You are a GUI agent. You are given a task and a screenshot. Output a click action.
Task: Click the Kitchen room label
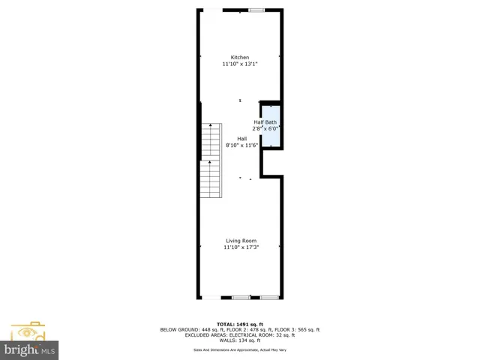coord(240,58)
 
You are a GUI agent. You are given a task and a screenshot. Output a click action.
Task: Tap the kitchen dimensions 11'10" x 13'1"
coord(240,64)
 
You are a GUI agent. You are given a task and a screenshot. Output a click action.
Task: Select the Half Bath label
coord(265,122)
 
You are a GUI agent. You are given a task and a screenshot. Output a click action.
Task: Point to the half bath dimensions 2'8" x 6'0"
coord(265,128)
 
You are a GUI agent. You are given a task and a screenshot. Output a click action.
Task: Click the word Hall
coord(242,139)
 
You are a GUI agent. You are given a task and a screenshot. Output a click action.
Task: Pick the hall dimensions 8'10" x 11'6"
coord(242,145)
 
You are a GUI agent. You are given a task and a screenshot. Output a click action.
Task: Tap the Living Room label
coord(240,241)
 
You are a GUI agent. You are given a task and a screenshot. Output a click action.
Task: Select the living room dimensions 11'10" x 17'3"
coord(240,247)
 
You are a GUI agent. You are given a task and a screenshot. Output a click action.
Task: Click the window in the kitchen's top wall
coord(256,10)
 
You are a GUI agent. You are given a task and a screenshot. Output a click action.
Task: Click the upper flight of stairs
coord(211,140)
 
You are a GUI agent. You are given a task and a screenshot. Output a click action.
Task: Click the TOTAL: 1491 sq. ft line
coord(240,323)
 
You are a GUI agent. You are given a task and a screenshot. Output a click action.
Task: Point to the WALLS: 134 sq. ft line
coord(240,341)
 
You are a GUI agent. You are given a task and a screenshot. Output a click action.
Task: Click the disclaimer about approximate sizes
coord(240,349)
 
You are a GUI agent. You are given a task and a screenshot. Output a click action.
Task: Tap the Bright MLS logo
coord(30,350)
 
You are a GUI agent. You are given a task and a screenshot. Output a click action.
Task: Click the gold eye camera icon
coord(28,331)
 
